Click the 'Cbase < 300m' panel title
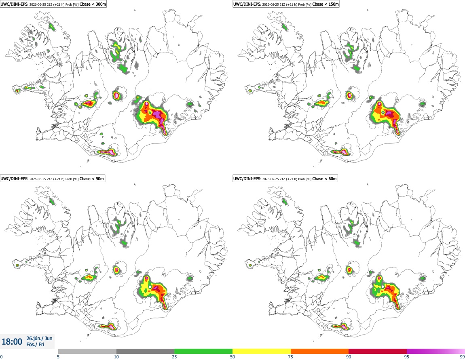(93, 4)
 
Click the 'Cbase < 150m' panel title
(325, 4)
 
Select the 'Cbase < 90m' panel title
(92, 179)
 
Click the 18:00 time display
(12, 342)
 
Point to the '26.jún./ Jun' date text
(40, 338)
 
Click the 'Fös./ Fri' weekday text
(35, 345)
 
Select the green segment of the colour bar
(203, 352)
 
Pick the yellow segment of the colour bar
(262, 352)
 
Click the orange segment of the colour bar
(320, 352)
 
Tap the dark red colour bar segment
(378, 352)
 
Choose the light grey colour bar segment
(87, 352)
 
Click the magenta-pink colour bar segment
(436, 352)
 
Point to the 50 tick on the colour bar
(232, 357)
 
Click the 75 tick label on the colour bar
(291, 357)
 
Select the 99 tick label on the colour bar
(462, 357)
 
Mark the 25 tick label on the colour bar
(174, 357)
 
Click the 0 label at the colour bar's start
(2, 357)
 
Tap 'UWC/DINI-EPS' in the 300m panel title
(14, 4)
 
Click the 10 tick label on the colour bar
(116, 357)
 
